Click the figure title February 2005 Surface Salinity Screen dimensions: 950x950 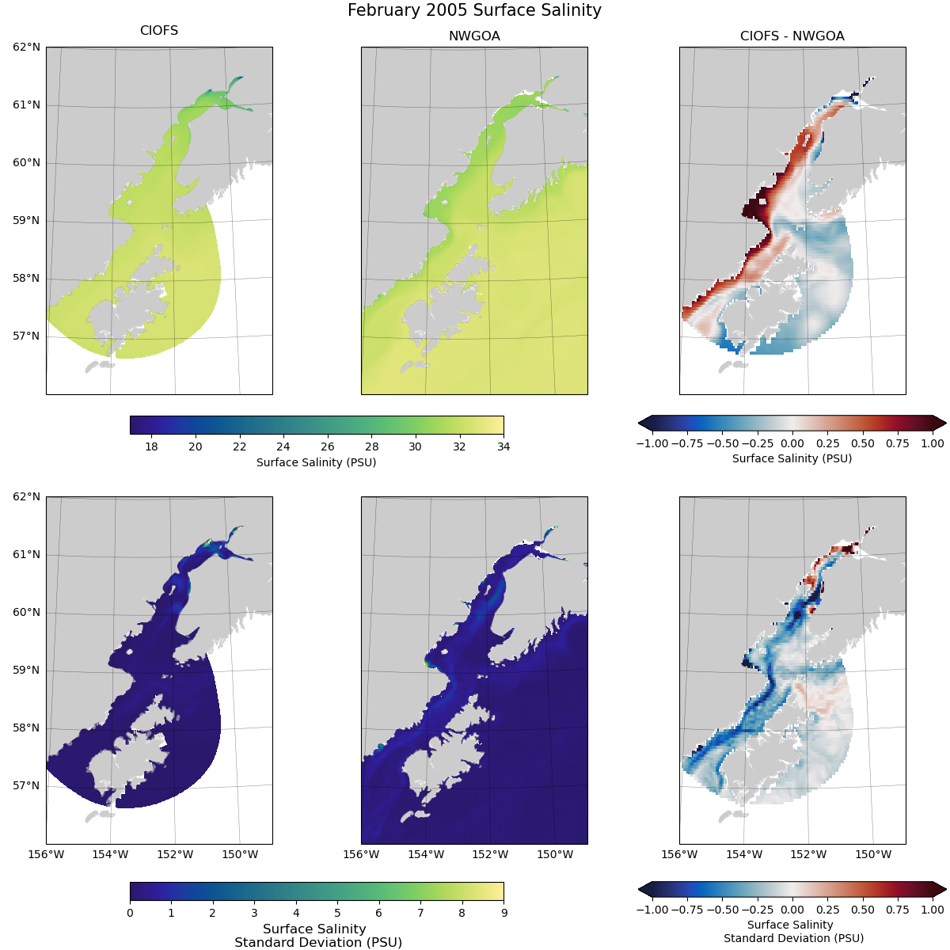pyautogui.click(x=474, y=10)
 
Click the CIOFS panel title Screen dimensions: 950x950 pyautogui.click(x=159, y=31)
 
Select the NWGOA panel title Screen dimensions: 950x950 pyautogui.click(x=474, y=36)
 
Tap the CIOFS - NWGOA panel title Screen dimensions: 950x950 pyautogui.click(x=792, y=36)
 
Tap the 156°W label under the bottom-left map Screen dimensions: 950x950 pyautogui.click(x=46, y=854)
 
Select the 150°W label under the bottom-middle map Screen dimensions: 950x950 pyautogui.click(x=555, y=854)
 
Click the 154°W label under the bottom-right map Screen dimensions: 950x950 pyautogui.click(x=744, y=854)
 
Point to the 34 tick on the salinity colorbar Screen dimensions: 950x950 pyautogui.click(x=503, y=446)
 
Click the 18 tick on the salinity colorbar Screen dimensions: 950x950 pyautogui.click(x=151, y=446)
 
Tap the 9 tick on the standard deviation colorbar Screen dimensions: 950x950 pyautogui.click(x=503, y=913)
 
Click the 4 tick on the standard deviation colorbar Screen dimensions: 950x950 pyautogui.click(x=296, y=913)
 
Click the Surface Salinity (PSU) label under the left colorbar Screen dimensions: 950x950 pyautogui.click(x=316, y=462)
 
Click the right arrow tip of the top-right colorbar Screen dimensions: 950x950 pyautogui.click(x=944, y=422)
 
